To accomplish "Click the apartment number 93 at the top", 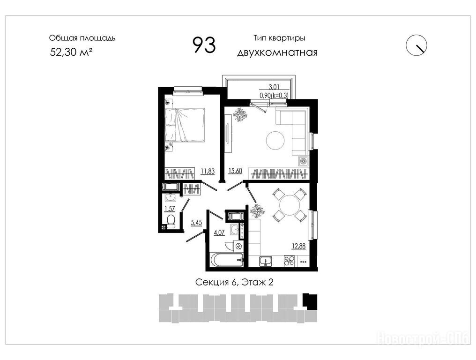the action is point(205,45).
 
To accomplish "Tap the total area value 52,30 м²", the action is point(71,52).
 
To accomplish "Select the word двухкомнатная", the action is point(277,52).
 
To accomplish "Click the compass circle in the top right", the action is point(416,45).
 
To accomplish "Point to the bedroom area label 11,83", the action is point(208,171).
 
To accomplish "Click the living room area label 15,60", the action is point(235,171).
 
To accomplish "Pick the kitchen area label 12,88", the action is point(299,246).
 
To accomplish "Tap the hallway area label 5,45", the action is point(196,223).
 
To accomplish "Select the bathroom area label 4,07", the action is point(219,232).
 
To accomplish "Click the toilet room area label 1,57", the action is point(170,209).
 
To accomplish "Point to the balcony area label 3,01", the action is point(274,87).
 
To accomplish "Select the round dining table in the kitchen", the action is point(289,205).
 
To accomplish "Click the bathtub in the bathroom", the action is point(226,260).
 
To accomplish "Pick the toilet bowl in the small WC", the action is point(171,221).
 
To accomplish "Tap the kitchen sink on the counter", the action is point(266,261).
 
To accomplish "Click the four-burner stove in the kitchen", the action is point(290,261).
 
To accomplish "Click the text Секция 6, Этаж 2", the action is point(234,282).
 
